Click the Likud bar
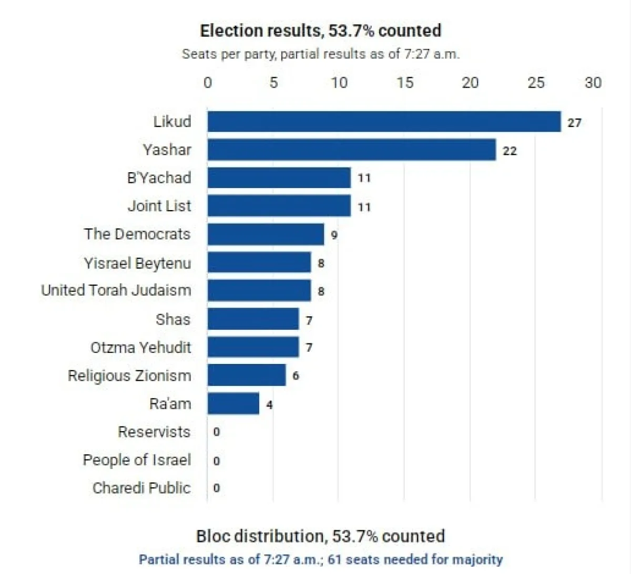click(x=384, y=122)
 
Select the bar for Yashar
click(x=352, y=150)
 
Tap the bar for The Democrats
click(x=266, y=234)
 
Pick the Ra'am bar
click(x=233, y=403)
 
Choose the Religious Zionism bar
click(x=247, y=375)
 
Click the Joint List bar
click(x=279, y=206)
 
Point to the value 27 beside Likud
click(x=574, y=123)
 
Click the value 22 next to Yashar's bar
click(x=510, y=151)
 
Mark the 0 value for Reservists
click(x=217, y=432)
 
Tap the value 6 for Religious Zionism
click(x=296, y=375)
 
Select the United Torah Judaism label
click(x=116, y=290)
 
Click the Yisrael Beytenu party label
click(x=137, y=263)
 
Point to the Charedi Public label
click(x=142, y=488)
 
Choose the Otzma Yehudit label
click(x=141, y=347)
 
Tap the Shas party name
click(x=174, y=319)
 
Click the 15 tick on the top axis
click(x=405, y=82)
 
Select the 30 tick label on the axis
click(x=593, y=82)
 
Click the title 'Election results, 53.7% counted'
click(x=321, y=31)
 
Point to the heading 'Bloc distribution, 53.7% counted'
click(x=321, y=536)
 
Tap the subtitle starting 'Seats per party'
click(x=321, y=54)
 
